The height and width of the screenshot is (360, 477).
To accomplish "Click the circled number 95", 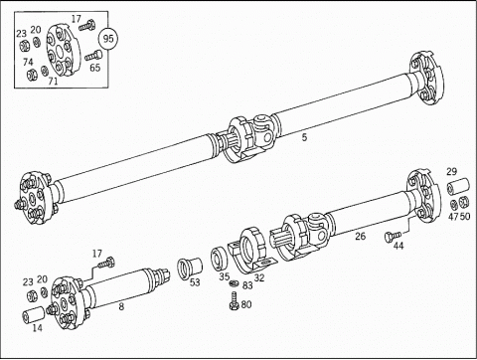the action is (x=108, y=39).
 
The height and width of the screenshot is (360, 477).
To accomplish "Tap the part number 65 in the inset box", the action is (x=95, y=68).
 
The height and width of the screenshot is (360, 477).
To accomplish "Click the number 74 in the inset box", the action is (x=28, y=62).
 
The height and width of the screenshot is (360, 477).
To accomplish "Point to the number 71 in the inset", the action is (x=53, y=81).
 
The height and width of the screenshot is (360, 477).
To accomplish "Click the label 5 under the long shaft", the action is (x=304, y=137).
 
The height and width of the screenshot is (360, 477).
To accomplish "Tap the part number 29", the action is (x=451, y=172).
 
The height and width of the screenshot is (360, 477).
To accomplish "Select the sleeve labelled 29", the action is (x=458, y=186).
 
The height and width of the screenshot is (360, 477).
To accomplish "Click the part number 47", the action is (x=453, y=217).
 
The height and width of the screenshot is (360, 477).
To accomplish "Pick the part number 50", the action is (x=465, y=217).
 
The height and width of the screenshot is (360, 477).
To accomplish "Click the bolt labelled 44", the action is (x=393, y=236).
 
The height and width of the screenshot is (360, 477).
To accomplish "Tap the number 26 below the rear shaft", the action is (x=361, y=236).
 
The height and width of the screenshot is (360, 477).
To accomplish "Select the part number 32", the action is (x=259, y=277).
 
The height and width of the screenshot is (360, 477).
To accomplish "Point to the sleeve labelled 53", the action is (x=190, y=267).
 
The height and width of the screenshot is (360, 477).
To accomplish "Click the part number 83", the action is (x=247, y=285).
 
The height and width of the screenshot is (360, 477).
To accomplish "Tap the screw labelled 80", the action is (x=235, y=301).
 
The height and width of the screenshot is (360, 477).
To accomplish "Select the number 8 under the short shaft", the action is (x=121, y=306).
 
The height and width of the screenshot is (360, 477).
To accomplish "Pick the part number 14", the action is (x=38, y=328).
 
